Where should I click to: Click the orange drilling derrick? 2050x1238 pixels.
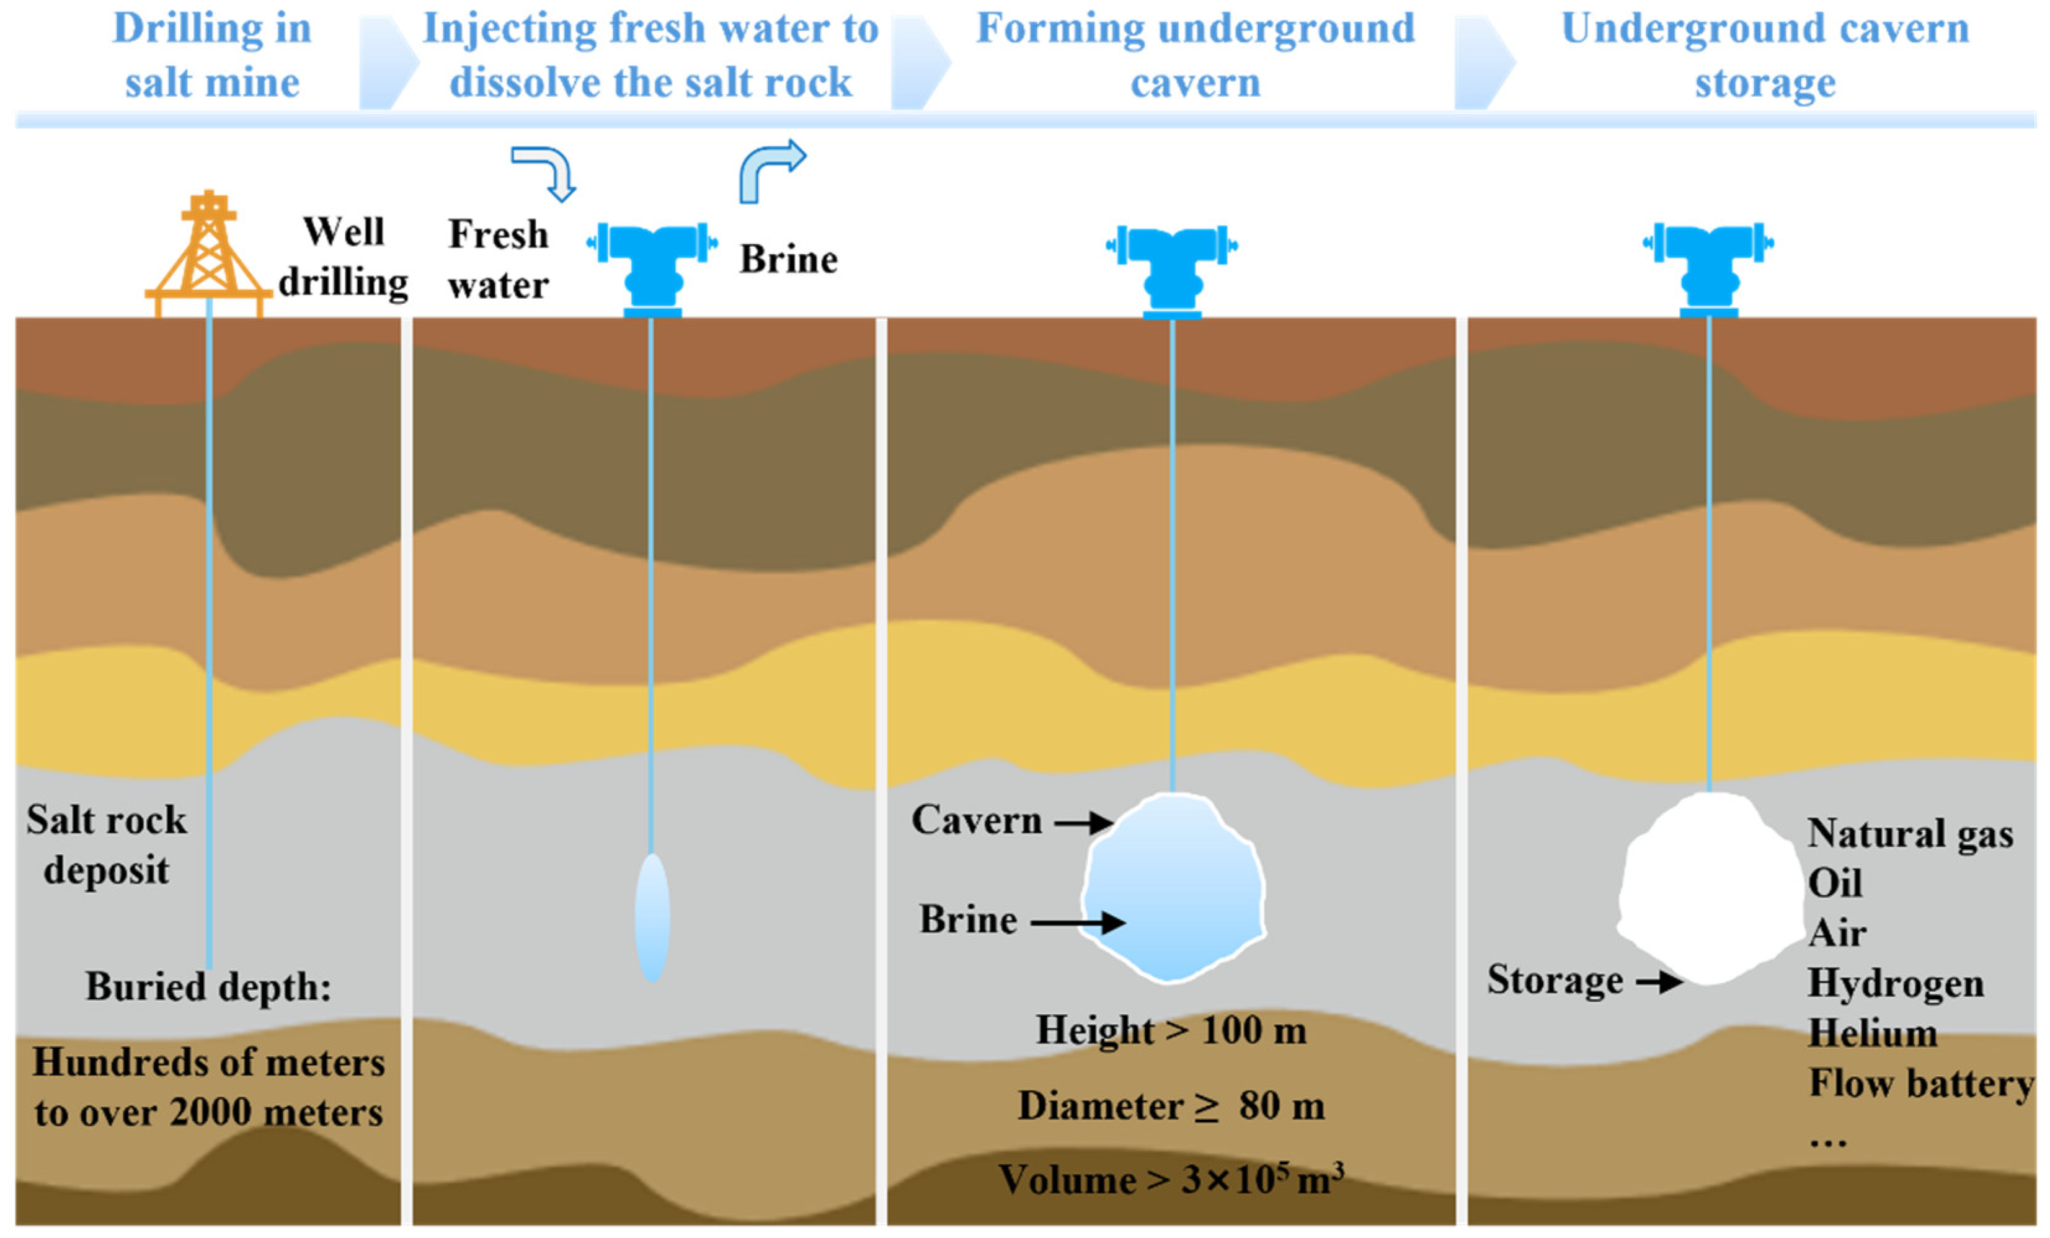point(208,254)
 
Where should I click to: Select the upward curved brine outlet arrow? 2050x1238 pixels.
point(770,170)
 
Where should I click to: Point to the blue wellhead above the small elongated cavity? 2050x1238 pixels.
point(652,266)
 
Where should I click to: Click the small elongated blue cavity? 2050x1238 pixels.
point(652,917)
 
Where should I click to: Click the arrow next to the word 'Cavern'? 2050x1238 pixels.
point(1084,823)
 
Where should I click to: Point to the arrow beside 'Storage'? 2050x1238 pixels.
point(1659,982)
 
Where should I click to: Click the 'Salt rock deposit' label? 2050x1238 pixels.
point(107,844)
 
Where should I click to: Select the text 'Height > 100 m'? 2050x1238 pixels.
point(1171,1030)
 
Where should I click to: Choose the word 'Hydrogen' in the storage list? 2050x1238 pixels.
point(1895,983)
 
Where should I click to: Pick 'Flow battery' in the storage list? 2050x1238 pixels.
point(1920,1083)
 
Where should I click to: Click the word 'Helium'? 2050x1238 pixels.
point(1873,1033)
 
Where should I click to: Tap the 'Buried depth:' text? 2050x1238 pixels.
point(208,987)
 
